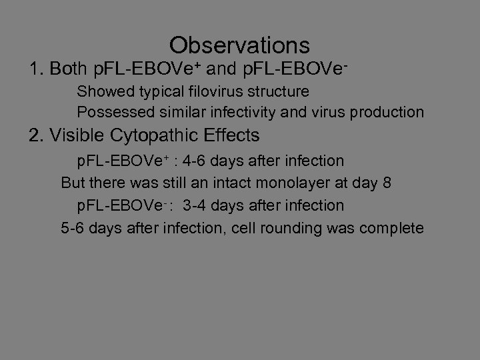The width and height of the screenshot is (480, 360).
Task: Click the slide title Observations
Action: tap(239, 45)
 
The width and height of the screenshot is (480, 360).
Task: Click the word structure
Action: tap(280, 91)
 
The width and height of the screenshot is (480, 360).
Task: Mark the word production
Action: tap(389, 113)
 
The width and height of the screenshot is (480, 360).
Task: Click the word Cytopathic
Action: tap(163, 136)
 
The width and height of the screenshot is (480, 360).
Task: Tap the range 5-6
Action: tap(73, 229)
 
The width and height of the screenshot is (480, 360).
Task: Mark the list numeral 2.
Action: tap(35, 136)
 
